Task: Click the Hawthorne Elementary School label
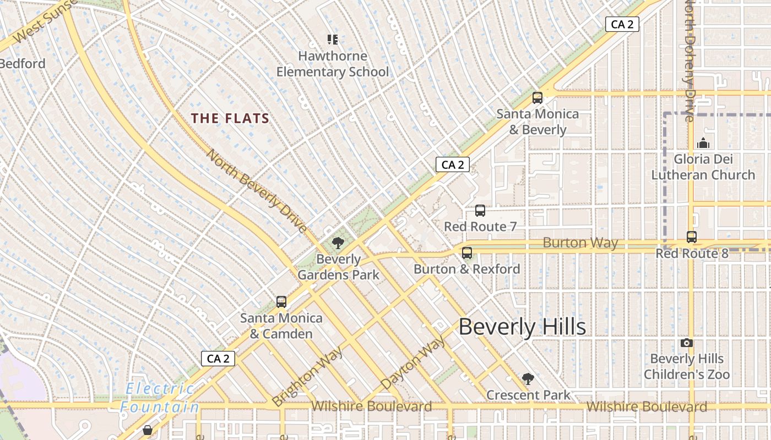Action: coord(332,64)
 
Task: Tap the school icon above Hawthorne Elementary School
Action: coord(332,39)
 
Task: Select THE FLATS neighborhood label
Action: coord(230,118)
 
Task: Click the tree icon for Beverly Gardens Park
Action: coord(338,243)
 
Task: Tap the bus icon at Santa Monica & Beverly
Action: coord(537,98)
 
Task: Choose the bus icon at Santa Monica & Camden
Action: coord(281,301)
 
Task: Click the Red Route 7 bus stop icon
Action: coord(480,211)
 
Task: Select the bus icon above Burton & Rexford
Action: coord(467,253)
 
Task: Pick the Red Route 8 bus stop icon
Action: coord(692,237)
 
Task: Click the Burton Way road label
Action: coord(580,243)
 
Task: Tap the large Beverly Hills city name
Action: coord(522,327)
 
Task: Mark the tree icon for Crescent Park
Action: coord(528,379)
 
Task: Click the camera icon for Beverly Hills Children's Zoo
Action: coord(686,343)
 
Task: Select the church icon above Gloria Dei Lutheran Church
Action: coord(703,143)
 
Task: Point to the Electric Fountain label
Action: coord(160,398)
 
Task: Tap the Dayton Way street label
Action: coord(413,363)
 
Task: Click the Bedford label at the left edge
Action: coord(23,63)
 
